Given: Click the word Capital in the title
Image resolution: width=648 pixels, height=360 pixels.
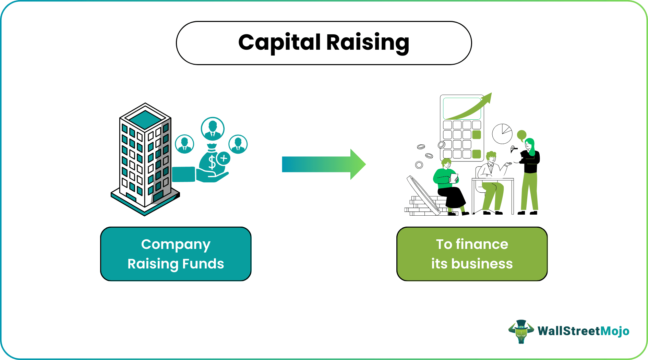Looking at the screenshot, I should [279, 43].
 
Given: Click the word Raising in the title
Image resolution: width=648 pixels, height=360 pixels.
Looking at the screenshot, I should [368, 43].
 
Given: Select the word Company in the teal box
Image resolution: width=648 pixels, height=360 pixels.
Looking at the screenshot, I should [176, 244].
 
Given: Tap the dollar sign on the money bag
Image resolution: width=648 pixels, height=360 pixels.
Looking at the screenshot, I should [212, 162].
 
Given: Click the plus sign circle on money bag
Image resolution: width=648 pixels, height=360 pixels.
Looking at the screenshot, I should [224, 158].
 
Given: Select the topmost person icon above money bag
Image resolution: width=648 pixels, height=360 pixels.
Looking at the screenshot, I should [213, 129].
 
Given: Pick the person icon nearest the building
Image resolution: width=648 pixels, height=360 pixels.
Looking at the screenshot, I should [184, 144].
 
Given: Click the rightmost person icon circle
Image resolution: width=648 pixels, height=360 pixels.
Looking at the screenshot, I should [238, 144].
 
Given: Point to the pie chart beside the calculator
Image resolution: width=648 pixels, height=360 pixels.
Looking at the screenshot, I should [502, 134].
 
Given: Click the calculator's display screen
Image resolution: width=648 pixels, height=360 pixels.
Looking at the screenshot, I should [461, 108].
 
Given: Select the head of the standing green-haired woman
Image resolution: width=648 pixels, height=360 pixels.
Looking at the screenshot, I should [530, 144].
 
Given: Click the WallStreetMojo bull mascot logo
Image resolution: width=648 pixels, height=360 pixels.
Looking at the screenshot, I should [521, 331].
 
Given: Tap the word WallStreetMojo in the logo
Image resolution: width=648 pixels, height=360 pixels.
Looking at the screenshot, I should [583, 331].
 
